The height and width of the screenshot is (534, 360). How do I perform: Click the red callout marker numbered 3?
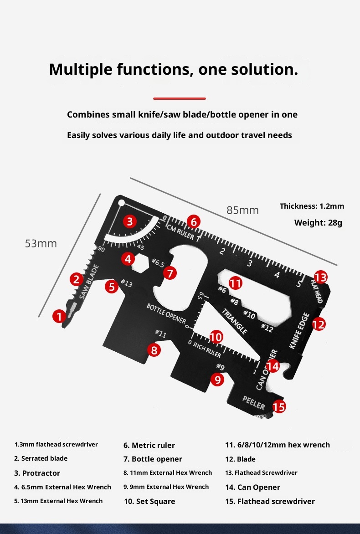[130, 222]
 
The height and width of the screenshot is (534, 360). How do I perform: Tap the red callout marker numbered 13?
[320, 277]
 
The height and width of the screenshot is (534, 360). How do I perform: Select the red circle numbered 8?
[154, 350]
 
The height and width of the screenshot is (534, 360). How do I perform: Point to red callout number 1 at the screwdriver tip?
[59, 316]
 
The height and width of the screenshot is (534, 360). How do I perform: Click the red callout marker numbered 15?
[279, 406]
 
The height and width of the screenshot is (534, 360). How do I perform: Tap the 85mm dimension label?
[242, 210]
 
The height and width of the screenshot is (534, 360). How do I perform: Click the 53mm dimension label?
[41, 243]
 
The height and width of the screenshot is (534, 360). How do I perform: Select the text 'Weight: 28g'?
[318, 223]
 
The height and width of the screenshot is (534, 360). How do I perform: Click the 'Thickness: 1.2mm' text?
[312, 206]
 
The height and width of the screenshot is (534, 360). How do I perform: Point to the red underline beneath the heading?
[180, 98]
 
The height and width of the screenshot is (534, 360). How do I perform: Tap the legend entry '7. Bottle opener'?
[153, 459]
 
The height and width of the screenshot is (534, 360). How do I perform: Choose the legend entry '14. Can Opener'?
[252, 487]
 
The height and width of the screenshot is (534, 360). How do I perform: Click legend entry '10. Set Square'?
[149, 501]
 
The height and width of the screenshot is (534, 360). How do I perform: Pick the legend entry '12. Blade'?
[240, 459]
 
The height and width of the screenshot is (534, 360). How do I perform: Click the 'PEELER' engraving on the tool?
[253, 402]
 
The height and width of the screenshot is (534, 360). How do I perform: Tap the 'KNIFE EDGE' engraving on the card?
[299, 331]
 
